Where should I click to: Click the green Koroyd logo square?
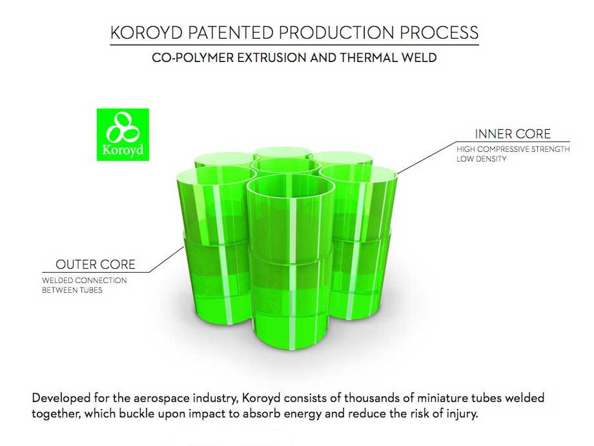click(123, 134)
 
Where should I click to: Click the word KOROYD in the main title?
click(147, 33)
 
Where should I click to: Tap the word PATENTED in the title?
click(231, 33)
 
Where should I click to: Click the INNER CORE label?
click(513, 134)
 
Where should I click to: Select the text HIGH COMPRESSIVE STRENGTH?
click(513, 149)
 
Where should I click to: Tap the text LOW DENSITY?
click(481, 159)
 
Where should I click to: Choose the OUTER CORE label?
click(96, 264)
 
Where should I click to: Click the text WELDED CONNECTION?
click(84, 281)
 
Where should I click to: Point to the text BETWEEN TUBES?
click(72, 290)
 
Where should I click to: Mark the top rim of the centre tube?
click(286, 159)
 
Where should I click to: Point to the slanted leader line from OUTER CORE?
click(167, 259)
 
